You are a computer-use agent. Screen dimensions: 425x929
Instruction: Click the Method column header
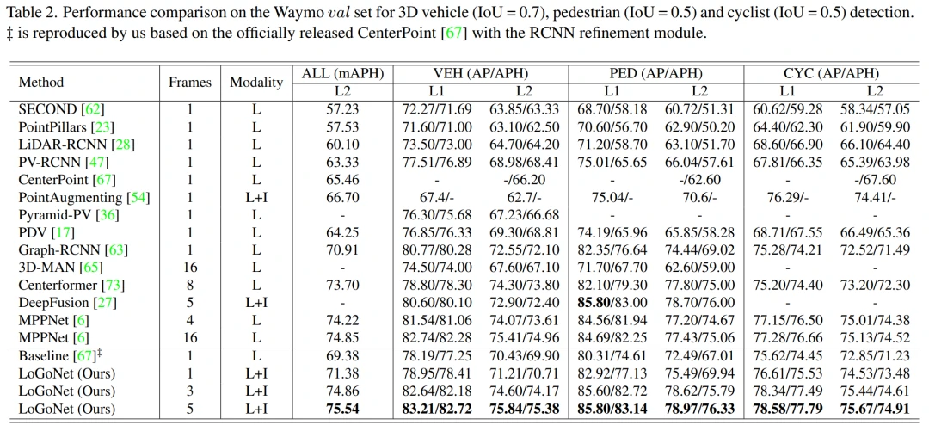(41, 83)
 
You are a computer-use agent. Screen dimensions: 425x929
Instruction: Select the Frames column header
(190, 83)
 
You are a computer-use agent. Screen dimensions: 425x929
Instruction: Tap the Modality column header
(255, 83)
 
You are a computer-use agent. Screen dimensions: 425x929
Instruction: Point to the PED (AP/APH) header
(655, 74)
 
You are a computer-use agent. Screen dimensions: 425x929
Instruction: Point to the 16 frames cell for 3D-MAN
(190, 268)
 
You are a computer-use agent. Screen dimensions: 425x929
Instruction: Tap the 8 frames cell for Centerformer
(190, 285)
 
